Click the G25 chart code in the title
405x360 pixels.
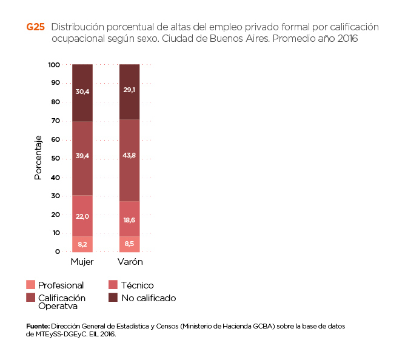tap(35, 27)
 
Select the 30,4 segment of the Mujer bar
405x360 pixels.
tap(82, 92)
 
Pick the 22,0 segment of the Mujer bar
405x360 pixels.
tap(82, 216)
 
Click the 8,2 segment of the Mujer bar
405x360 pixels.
tap(82, 244)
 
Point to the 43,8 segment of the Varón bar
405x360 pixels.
tap(130, 160)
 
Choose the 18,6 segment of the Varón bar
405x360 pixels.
tap(130, 219)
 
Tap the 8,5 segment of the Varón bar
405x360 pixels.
tap(130, 244)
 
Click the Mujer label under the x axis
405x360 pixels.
tap(82, 262)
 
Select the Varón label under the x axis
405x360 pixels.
tap(130, 262)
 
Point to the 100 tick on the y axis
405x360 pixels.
tap(53, 64)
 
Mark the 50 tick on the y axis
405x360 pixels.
tap(55, 158)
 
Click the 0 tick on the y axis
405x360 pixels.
tap(58, 252)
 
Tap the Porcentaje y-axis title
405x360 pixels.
tap(38, 158)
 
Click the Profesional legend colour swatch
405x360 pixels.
tap(31, 285)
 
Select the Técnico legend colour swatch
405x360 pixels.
tap(113, 285)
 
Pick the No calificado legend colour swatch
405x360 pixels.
tap(113, 298)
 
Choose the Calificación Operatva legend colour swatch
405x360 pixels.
tap(31, 298)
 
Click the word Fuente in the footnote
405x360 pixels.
tap(38, 326)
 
